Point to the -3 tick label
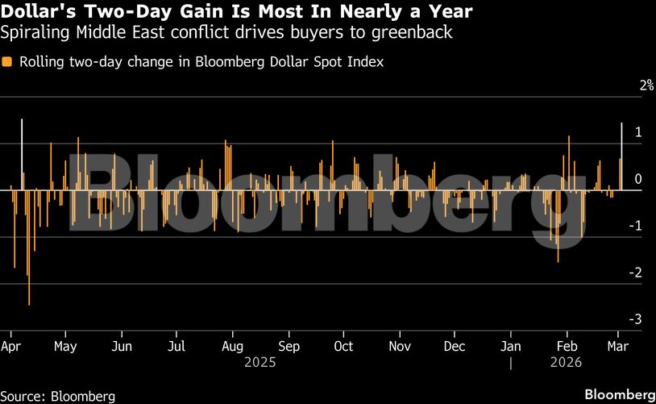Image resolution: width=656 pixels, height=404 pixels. pos(637,319)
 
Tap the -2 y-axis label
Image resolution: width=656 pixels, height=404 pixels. pos(637,273)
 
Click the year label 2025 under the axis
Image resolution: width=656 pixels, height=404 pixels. pos(259,363)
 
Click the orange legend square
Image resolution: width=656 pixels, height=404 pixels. pos(7,61)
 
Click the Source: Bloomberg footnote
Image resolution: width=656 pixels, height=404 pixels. pos(58,396)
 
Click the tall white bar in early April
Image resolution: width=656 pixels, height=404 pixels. pos(22,153)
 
